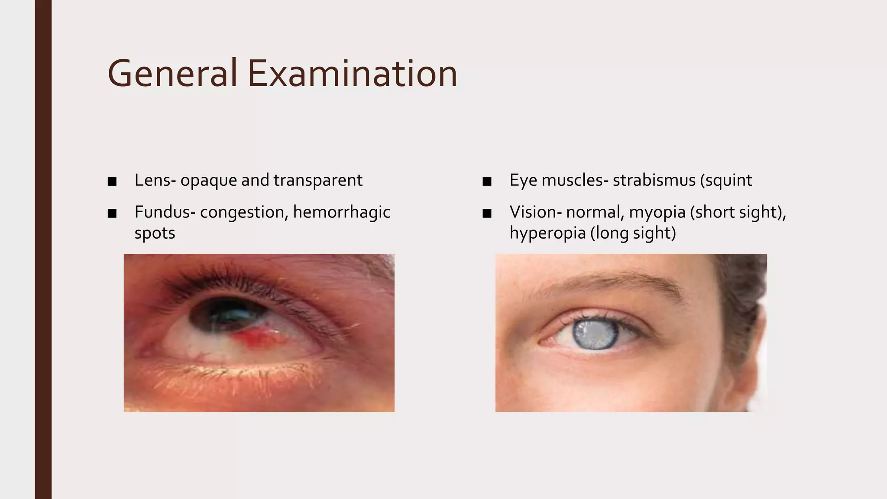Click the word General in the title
click(172, 74)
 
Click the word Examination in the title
click(352, 74)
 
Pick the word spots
click(155, 233)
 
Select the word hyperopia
click(547, 233)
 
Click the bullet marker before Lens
click(112, 181)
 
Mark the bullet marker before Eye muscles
click(487, 181)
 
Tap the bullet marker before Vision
click(487, 213)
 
